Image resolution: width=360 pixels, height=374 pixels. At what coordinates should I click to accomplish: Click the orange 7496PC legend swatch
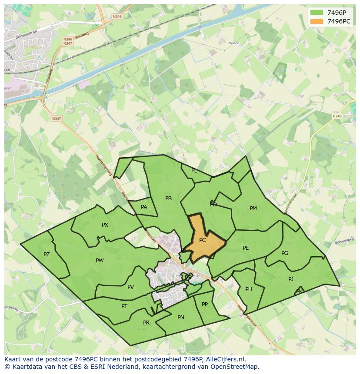coord(317,21)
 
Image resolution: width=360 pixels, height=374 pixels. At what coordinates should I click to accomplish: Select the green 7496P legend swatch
coord(317,13)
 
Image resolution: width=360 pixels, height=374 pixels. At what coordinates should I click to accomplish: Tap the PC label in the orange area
coord(203,240)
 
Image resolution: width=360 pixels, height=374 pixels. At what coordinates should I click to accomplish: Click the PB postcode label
coord(169,199)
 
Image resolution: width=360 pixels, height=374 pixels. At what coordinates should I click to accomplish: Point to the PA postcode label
coord(144,207)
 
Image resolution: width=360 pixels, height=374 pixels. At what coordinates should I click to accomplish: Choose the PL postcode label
coord(194,171)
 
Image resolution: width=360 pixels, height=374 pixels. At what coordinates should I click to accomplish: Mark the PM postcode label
coord(253,209)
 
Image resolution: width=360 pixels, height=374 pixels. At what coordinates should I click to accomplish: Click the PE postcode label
coord(246,248)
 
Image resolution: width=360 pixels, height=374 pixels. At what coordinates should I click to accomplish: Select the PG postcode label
coord(285,253)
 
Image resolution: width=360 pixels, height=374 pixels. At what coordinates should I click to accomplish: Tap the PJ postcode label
coord(291,279)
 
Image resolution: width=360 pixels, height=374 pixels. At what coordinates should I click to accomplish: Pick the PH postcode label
coord(249,289)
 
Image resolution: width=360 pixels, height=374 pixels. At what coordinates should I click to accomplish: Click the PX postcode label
coord(105,225)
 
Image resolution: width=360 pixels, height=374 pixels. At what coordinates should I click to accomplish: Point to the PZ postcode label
coord(47,255)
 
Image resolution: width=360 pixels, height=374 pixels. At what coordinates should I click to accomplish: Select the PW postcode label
coord(100,261)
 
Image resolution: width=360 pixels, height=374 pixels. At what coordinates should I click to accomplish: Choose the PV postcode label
coord(130,287)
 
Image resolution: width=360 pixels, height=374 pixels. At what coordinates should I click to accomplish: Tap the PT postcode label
coord(124,306)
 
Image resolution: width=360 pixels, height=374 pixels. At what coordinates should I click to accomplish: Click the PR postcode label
coord(146,323)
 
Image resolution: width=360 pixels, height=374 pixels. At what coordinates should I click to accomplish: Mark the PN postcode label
coord(181,318)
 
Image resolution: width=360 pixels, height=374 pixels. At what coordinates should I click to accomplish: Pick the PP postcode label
coord(205,304)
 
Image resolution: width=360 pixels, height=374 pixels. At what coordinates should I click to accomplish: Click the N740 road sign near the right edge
coord(337,116)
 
